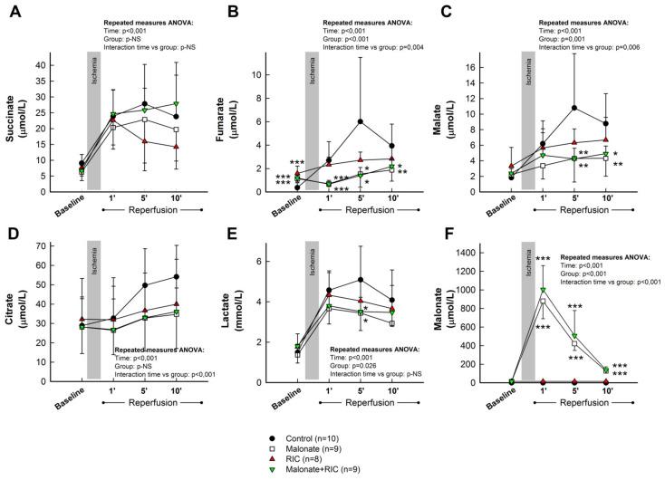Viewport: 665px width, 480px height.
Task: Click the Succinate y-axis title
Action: (x=12, y=127)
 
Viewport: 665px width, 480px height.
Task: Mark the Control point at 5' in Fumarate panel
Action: (x=361, y=121)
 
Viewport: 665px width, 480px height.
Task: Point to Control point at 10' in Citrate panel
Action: (x=175, y=276)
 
